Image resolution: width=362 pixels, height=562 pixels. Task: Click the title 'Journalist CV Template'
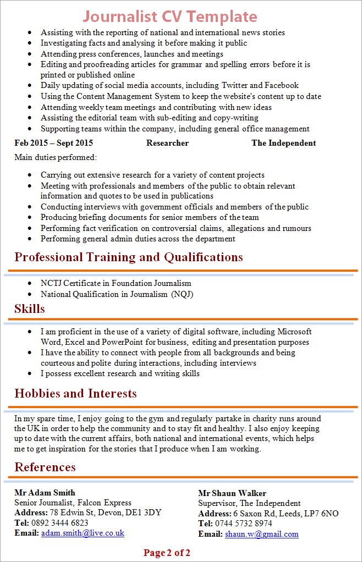(x=170, y=16)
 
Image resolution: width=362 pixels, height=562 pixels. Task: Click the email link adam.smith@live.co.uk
(x=83, y=533)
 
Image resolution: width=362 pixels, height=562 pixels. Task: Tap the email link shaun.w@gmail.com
(x=262, y=534)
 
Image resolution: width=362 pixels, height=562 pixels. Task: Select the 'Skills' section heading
(x=30, y=308)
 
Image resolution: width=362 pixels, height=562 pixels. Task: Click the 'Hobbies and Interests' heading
(x=75, y=393)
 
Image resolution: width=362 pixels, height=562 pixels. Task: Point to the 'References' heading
(x=45, y=467)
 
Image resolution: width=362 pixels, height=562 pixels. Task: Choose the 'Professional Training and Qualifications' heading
(x=129, y=257)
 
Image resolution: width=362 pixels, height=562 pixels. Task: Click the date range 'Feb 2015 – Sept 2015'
(x=54, y=143)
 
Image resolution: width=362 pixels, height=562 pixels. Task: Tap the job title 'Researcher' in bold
(x=167, y=143)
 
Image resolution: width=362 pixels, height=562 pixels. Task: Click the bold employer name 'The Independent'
(x=283, y=143)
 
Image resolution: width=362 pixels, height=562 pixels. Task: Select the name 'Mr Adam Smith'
(x=45, y=492)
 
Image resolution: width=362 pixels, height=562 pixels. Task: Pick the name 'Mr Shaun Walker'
(x=232, y=493)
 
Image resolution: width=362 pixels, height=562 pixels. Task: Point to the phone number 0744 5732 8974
(x=244, y=524)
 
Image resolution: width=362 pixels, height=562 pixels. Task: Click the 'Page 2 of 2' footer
(x=167, y=553)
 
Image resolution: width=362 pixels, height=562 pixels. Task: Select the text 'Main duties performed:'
(x=56, y=158)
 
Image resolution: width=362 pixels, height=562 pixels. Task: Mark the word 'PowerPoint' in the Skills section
(x=124, y=342)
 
